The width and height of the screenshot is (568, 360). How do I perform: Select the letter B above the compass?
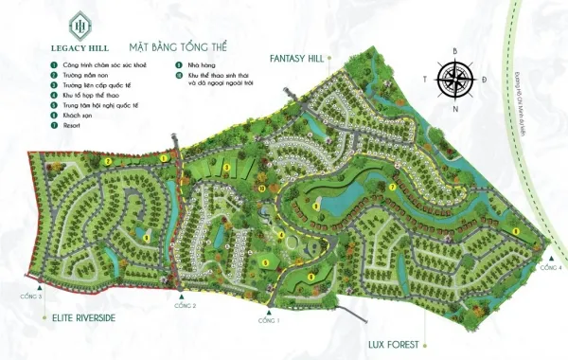tap(455, 50)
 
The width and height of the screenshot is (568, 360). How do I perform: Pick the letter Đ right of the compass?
tap(484, 80)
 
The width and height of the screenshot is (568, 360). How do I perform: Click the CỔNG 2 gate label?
tap(186, 305)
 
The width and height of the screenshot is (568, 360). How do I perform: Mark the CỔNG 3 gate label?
tap(33, 297)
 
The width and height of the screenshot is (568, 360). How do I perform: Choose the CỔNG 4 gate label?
tap(552, 269)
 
